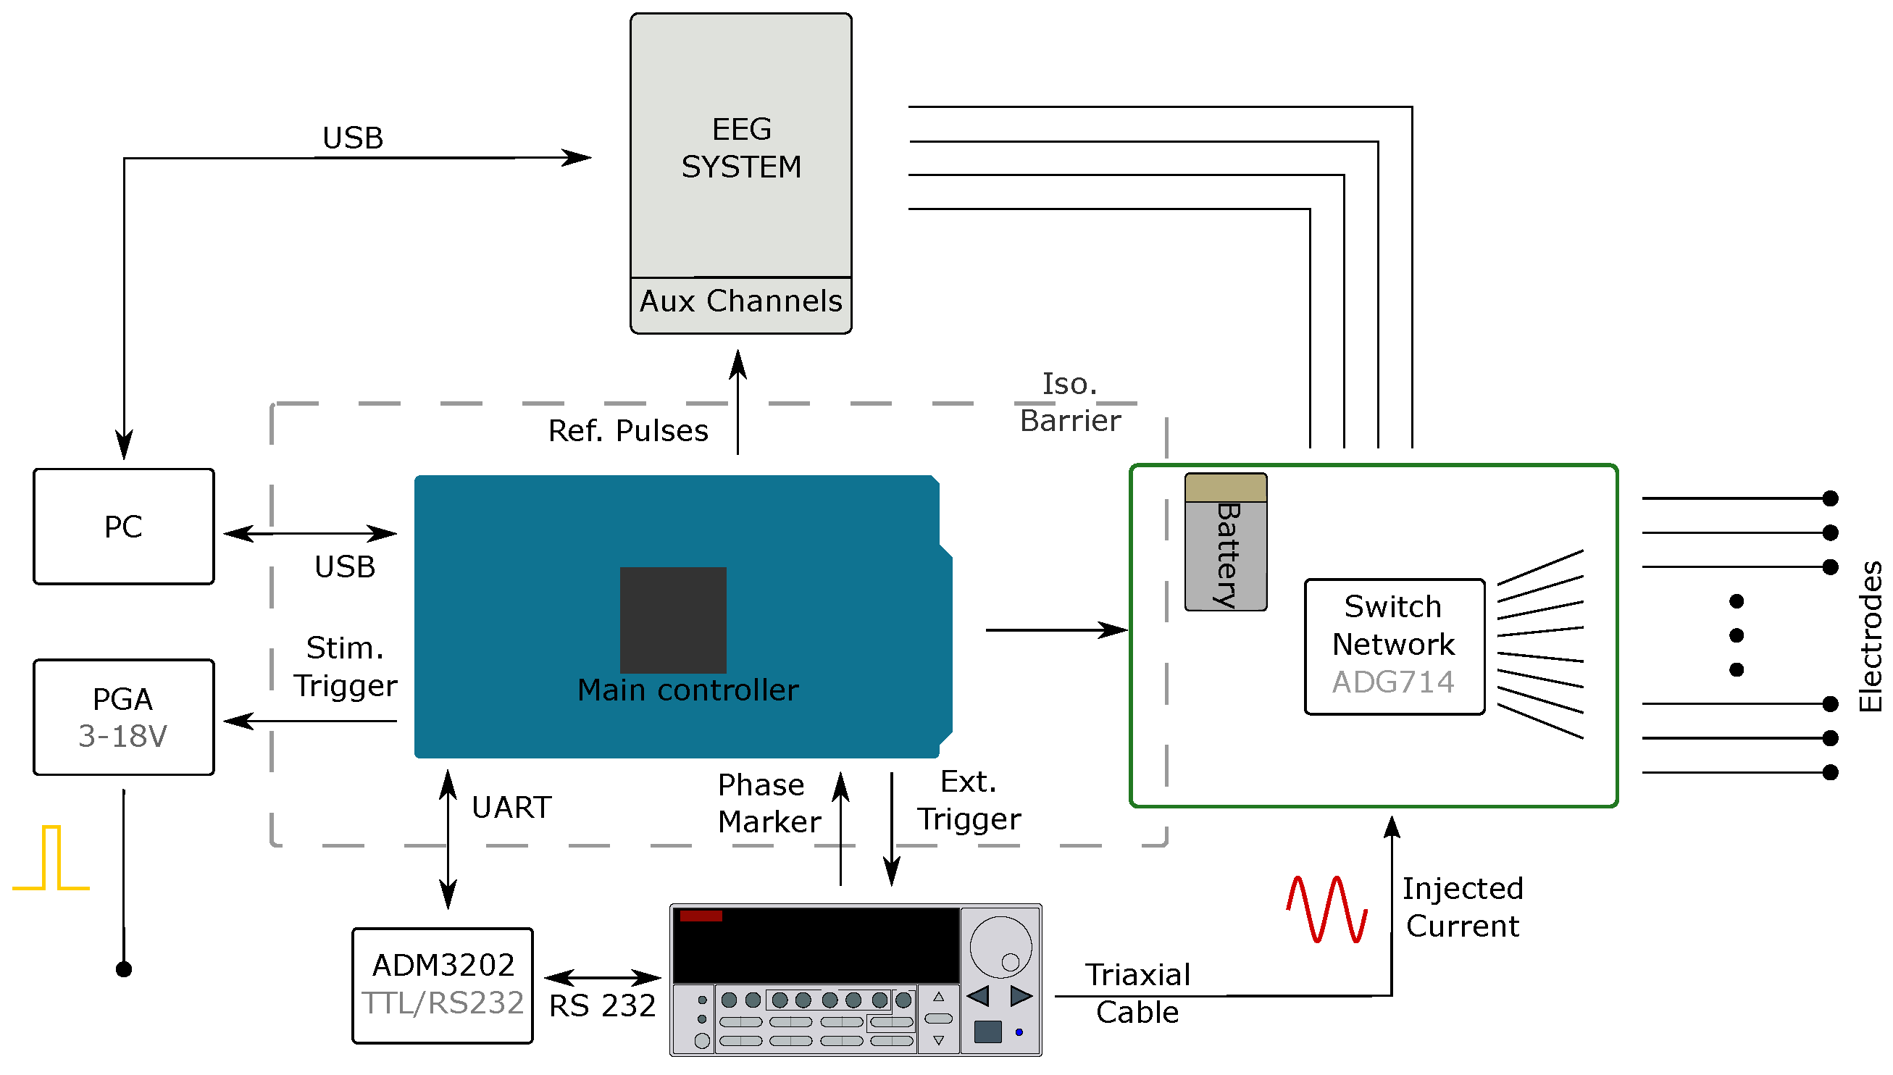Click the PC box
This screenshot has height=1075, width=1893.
coord(123,527)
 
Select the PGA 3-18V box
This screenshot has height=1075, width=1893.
coord(123,717)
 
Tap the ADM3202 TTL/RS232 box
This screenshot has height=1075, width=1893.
coord(442,985)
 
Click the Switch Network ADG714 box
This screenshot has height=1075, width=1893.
coord(1393,646)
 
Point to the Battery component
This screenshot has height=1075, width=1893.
coord(1225,542)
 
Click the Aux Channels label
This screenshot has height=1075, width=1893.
coord(740,301)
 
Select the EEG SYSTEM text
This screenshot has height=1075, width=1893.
coord(740,148)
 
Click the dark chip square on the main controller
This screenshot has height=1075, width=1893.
coord(672,619)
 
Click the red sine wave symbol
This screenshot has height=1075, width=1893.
coord(1326,909)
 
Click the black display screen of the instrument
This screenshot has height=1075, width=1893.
coord(815,946)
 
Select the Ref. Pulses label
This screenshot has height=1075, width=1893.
coord(627,430)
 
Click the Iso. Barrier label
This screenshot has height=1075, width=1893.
coord(1070,402)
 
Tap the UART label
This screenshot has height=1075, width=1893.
coord(511,807)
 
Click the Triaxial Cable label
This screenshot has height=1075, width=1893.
coord(1137,993)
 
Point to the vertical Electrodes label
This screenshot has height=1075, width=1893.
coord(1869,636)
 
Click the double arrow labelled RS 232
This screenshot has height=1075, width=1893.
coord(603,977)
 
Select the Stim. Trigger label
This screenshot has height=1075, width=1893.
coord(345,666)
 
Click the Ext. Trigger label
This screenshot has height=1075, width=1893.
coord(969,800)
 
